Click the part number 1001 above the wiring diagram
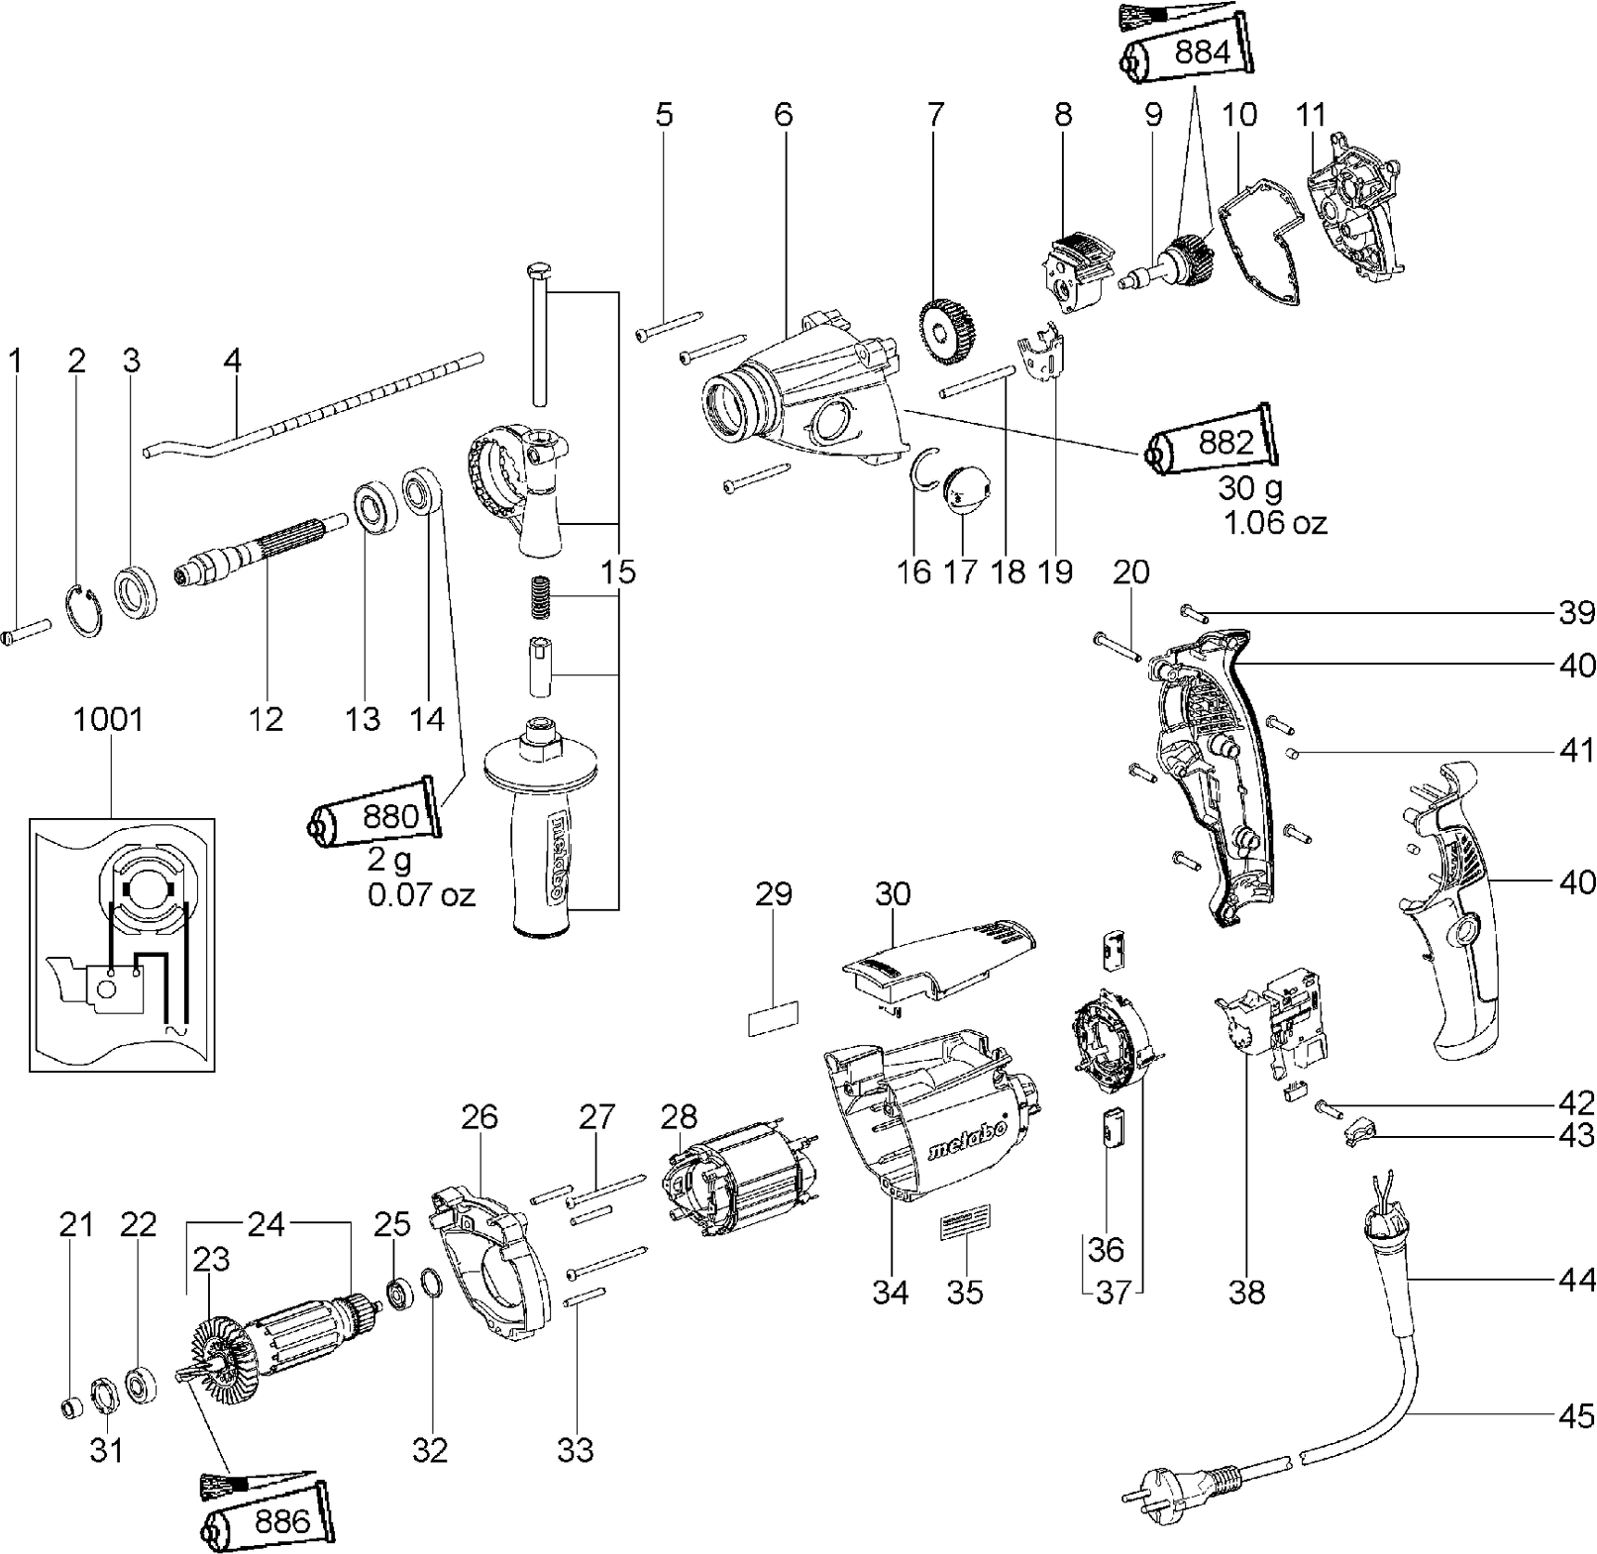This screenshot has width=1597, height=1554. click(x=109, y=719)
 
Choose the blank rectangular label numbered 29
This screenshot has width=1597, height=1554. click(x=773, y=1017)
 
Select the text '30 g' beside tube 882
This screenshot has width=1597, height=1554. click(x=1251, y=487)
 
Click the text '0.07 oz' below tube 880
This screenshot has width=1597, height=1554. click(x=421, y=895)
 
